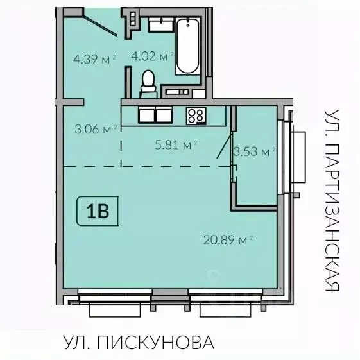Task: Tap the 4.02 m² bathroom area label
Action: tap(153, 56)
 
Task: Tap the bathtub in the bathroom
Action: tap(189, 45)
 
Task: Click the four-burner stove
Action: tap(196, 116)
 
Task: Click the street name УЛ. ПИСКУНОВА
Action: tap(138, 342)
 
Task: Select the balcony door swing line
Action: tap(224, 145)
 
